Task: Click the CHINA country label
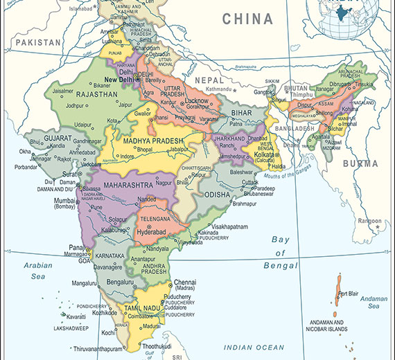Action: [x=247, y=19]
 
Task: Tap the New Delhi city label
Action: [x=119, y=80]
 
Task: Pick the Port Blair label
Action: [x=349, y=294]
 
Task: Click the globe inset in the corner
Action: [x=349, y=15]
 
